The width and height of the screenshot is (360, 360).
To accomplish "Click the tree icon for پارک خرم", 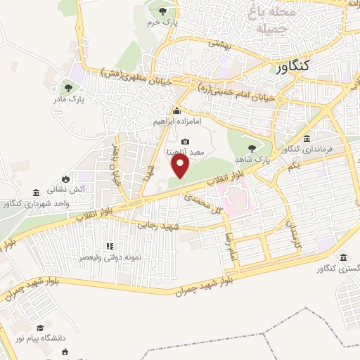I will [x=163, y=11].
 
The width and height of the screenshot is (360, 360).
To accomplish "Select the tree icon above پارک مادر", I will [x=68, y=88].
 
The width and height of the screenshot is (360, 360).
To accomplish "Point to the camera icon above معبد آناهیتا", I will [x=185, y=141].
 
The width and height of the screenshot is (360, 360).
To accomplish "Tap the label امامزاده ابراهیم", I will [x=176, y=121].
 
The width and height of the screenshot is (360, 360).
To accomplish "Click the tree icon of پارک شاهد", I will [x=251, y=148].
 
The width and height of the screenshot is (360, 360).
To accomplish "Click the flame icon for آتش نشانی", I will [x=65, y=178].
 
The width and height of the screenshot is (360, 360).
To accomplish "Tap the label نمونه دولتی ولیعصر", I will [x=110, y=258].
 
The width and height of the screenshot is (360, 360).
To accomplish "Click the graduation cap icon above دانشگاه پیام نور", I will [x=41, y=328].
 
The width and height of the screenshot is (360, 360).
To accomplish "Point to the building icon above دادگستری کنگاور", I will [x=343, y=258].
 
